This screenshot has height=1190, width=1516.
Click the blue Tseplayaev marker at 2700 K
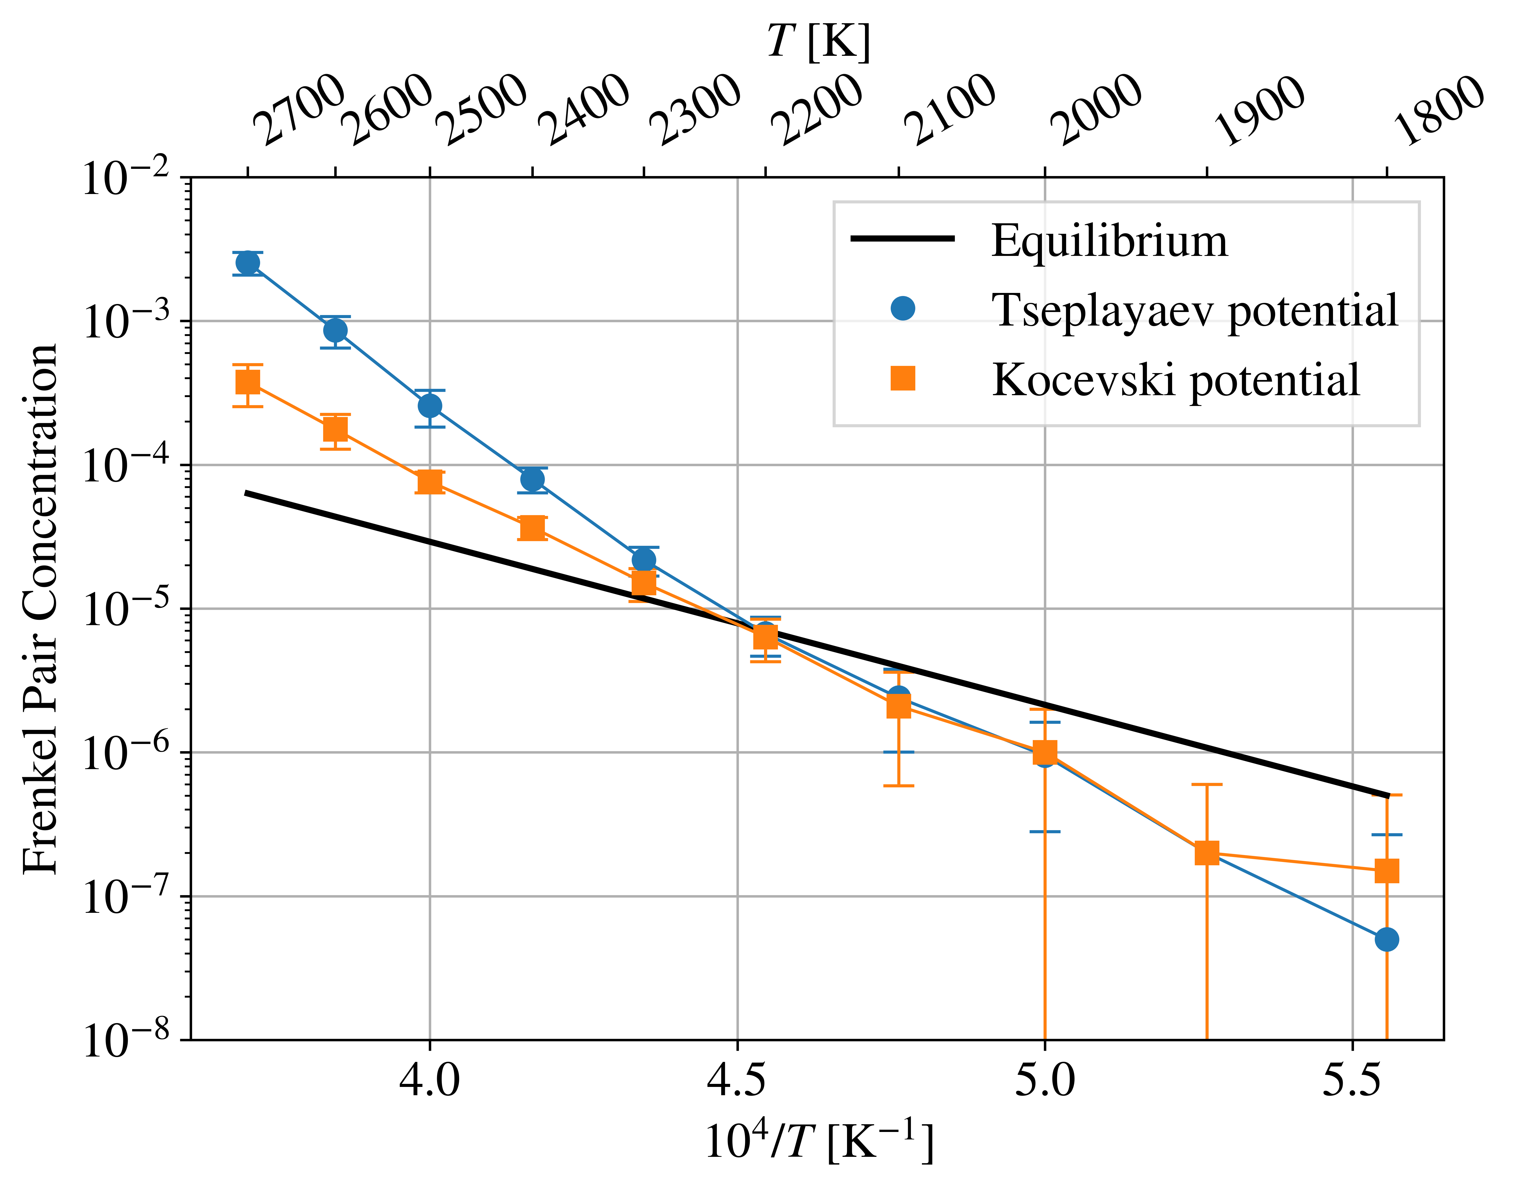(x=247, y=263)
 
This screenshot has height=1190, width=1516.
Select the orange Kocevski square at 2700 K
(x=247, y=382)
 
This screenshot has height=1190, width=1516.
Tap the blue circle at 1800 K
(x=1386, y=939)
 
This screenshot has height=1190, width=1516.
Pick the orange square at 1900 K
(x=1207, y=852)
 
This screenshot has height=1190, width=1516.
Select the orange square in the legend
(x=903, y=378)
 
